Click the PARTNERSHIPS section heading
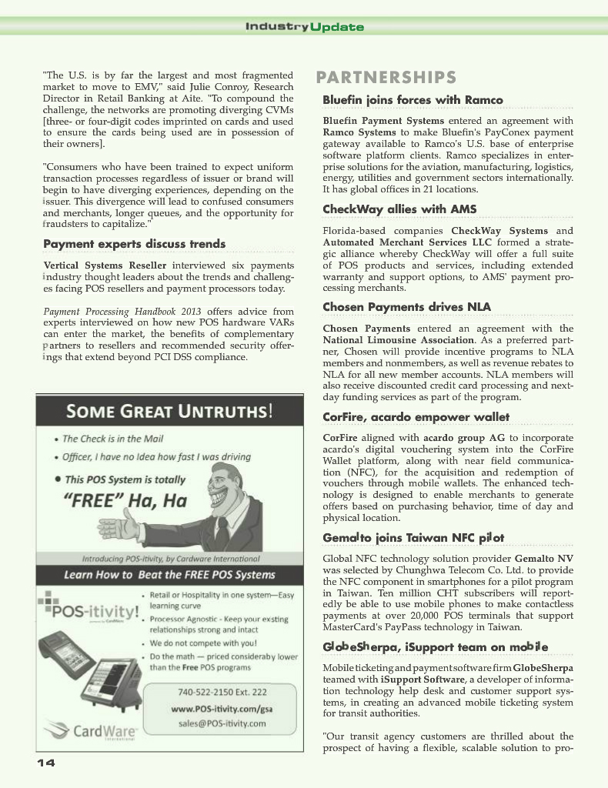(386, 78)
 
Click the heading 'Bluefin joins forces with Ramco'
(413, 100)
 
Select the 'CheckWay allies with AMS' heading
(399, 209)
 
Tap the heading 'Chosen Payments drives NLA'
(406, 307)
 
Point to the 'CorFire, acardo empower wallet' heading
(416, 417)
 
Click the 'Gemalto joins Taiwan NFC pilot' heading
(413, 537)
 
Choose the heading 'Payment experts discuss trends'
(135, 244)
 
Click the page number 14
(45, 763)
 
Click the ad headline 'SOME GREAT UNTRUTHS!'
(169, 411)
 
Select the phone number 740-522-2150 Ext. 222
(222, 692)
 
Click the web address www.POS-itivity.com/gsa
(222, 708)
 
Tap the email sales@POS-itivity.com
(222, 723)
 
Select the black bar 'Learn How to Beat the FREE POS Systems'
(169, 575)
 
